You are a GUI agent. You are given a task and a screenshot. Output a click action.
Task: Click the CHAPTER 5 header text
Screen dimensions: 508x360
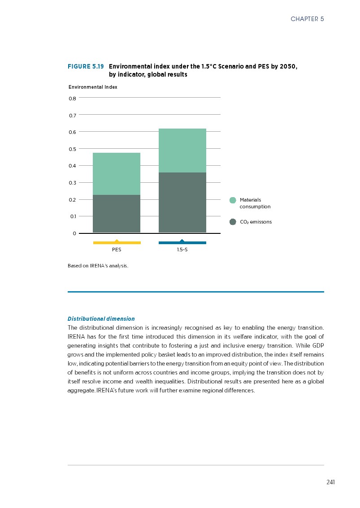tap(307, 19)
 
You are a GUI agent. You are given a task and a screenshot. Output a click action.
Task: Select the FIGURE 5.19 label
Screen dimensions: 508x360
tap(86, 66)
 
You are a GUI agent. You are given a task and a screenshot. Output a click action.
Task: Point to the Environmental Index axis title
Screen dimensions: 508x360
tap(93, 87)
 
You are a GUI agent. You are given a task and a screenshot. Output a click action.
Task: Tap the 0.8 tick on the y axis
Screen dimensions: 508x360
tap(72, 98)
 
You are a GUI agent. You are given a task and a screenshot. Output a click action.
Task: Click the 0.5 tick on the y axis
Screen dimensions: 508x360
tap(72, 149)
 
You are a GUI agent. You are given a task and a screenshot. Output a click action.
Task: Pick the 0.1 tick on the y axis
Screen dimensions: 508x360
tap(73, 216)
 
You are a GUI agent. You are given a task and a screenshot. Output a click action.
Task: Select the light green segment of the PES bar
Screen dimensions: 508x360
tap(117, 174)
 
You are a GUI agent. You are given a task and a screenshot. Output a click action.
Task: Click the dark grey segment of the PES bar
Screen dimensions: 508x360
tap(117, 213)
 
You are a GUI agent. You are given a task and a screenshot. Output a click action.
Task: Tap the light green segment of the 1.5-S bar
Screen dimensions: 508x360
tap(182, 151)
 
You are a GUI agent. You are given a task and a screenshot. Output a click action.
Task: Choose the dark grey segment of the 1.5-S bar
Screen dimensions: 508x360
tap(182, 202)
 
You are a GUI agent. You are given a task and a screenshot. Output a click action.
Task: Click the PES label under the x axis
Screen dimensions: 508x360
tap(117, 250)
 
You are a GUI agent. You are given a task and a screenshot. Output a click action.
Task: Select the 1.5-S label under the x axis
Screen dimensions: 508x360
tap(182, 250)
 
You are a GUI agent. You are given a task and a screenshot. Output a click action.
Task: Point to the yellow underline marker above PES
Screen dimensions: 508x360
tap(117, 242)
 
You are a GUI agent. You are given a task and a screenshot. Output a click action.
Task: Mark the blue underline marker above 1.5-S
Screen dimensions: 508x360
tap(182, 242)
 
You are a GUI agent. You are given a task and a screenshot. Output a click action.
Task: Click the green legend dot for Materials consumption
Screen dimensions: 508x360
tap(233, 200)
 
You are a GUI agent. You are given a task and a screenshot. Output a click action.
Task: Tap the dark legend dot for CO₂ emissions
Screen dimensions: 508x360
tap(233, 222)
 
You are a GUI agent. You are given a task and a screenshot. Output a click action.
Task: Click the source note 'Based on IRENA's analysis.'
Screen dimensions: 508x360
tap(98, 266)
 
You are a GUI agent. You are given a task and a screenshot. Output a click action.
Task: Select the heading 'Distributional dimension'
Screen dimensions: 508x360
tap(101, 319)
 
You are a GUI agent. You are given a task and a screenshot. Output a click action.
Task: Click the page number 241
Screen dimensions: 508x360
tap(331, 482)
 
